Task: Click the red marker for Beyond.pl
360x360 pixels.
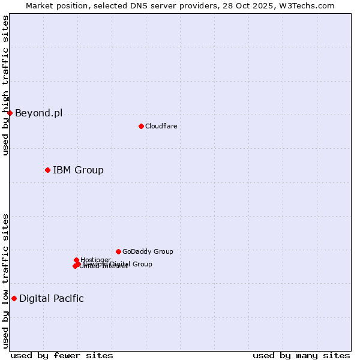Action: [10, 113]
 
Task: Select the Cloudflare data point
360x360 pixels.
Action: [141, 126]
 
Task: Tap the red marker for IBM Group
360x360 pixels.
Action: [47, 170]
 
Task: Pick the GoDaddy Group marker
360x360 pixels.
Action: [118, 251]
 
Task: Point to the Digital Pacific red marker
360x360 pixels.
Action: [14, 298]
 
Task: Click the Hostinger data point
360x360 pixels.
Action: [76, 260]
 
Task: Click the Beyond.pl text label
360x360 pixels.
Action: [38, 113]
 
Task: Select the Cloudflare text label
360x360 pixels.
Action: [161, 126]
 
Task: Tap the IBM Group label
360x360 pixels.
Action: [78, 170]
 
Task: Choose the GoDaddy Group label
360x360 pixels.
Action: [148, 251]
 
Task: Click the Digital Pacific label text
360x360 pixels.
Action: [52, 298]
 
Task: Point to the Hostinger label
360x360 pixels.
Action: [95, 259]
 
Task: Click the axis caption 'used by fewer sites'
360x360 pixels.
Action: [62, 355]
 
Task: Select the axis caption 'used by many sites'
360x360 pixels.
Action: [301, 355]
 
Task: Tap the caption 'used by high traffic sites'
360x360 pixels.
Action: [5, 85]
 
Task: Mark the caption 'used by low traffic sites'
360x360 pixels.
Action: [5, 281]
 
